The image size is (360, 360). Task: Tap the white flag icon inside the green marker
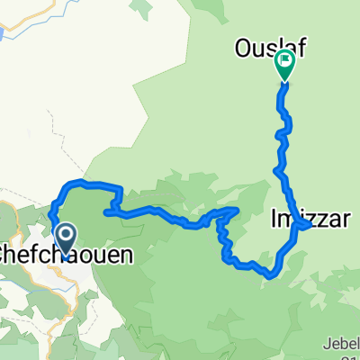tap(285, 62)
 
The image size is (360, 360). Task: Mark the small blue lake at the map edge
tap(4, 34)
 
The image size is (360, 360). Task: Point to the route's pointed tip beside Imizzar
tap(310, 226)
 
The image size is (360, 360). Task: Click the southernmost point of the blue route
tap(271, 277)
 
